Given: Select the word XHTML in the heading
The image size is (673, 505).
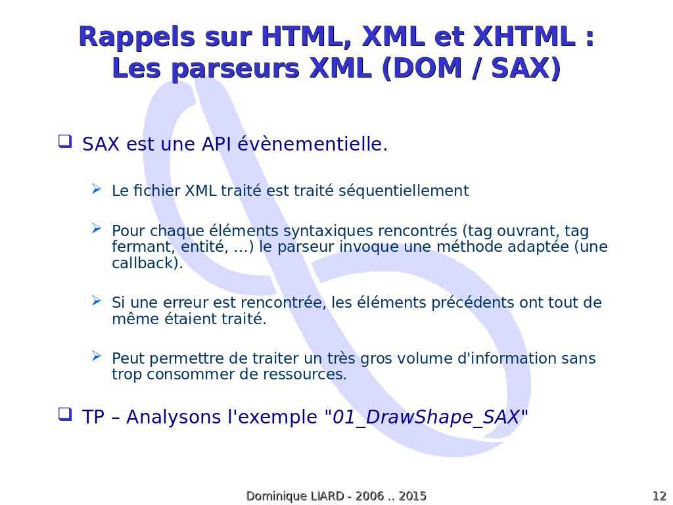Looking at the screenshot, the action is pyautogui.click(x=524, y=36).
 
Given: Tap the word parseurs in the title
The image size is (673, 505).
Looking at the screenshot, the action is pyautogui.click(x=235, y=69).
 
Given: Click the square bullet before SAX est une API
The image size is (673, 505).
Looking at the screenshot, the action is pyautogui.click(x=65, y=141).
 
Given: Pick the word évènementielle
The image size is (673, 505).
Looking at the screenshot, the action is pyautogui.click(x=312, y=144).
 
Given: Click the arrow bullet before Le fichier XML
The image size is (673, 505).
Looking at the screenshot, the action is pyautogui.click(x=97, y=189).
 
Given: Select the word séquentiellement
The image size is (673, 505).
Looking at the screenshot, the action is pyautogui.click(x=404, y=191).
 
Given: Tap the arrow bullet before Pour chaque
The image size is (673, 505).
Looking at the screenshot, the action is pyautogui.click(x=97, y=228).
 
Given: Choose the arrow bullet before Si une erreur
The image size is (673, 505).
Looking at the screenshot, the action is pyautogui.click(x=97, y=300).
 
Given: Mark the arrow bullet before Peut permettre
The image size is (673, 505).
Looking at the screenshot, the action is pyautogui.click(x=97, y=356).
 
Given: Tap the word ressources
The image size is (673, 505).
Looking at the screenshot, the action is pyautogui.click(x=304, y=374).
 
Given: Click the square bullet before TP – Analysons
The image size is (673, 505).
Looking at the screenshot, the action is pyautogui.click(x=65, y=414).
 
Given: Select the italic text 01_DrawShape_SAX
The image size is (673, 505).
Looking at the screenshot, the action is pyautogui.click(x=426, y=417).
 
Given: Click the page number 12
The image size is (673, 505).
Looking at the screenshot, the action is pyautogui.click(x=659, y=496).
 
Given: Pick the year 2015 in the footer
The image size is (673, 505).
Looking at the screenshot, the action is pyautogui.click(x=412, y=496).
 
